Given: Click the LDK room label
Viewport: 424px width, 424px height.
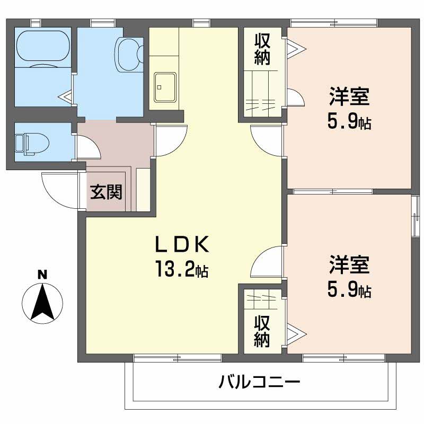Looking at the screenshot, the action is tap(182, 244).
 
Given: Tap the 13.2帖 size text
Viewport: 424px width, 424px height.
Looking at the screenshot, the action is tap(182, 269).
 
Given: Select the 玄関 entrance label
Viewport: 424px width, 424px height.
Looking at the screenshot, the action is tap(107, 192).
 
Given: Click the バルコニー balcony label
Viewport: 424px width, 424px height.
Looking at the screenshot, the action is tap(259, 382).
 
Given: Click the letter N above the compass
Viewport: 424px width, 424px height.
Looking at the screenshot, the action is tap(42, 275).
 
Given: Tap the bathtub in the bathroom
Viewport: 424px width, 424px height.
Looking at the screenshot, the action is tap(43, 49).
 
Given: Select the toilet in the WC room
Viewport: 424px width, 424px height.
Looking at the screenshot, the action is tap(32, 143).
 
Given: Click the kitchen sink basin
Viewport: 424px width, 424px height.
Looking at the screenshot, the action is tap(165, 87).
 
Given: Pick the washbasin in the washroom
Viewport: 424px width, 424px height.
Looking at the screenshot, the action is tap(130, 55).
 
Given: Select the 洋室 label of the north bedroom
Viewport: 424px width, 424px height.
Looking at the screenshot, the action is tap(349, 96).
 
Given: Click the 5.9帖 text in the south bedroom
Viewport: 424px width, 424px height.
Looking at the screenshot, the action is tap(349, 289).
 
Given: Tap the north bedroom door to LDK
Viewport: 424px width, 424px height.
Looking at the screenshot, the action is tap(267, 140).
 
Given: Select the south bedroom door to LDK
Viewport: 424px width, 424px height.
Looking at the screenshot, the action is tap(267, 262).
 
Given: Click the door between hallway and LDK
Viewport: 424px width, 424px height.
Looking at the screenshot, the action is tap(171, 140).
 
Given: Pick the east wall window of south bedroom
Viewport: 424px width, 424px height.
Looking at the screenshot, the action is tap(414, 216).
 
